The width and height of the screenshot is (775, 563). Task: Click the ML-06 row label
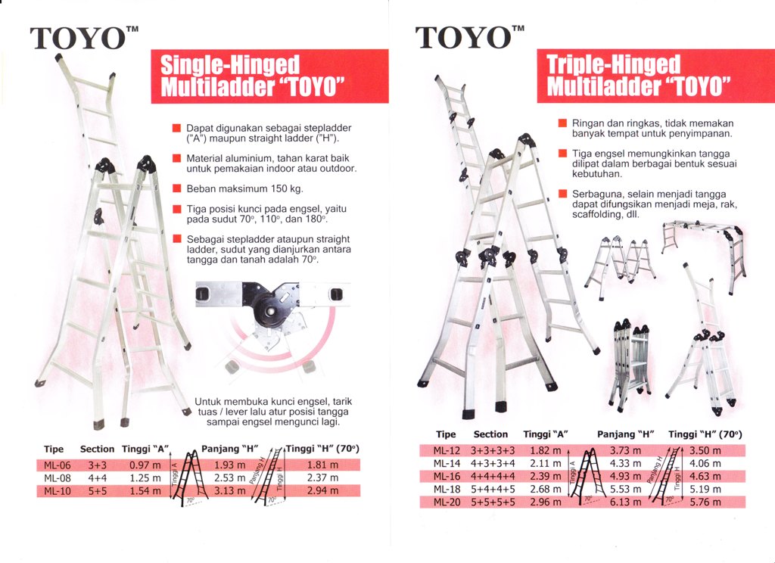click(57, 465)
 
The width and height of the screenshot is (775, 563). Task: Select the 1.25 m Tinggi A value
click(145, 478)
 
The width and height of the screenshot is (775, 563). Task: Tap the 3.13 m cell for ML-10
click(229, 491)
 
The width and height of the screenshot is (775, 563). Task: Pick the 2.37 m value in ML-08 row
click(322, 478)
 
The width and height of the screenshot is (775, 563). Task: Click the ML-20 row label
click(447, 502)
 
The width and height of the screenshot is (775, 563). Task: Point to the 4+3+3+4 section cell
click(493, 464)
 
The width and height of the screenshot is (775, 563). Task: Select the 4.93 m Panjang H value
click(625, 477)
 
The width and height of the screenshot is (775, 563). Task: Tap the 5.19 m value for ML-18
click(705, 490)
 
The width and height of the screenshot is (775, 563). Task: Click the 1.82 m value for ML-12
click(545, 451)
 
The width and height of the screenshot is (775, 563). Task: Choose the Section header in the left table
click(97, 449)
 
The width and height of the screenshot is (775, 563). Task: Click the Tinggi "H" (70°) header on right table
click(705, 434)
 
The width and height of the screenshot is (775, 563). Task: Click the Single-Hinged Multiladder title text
click(252, 76)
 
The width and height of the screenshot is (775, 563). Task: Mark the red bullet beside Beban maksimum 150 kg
click(176, 188)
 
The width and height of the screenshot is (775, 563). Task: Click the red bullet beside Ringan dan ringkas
click(562, 123)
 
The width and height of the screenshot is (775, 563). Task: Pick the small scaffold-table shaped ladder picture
click(704, 257)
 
